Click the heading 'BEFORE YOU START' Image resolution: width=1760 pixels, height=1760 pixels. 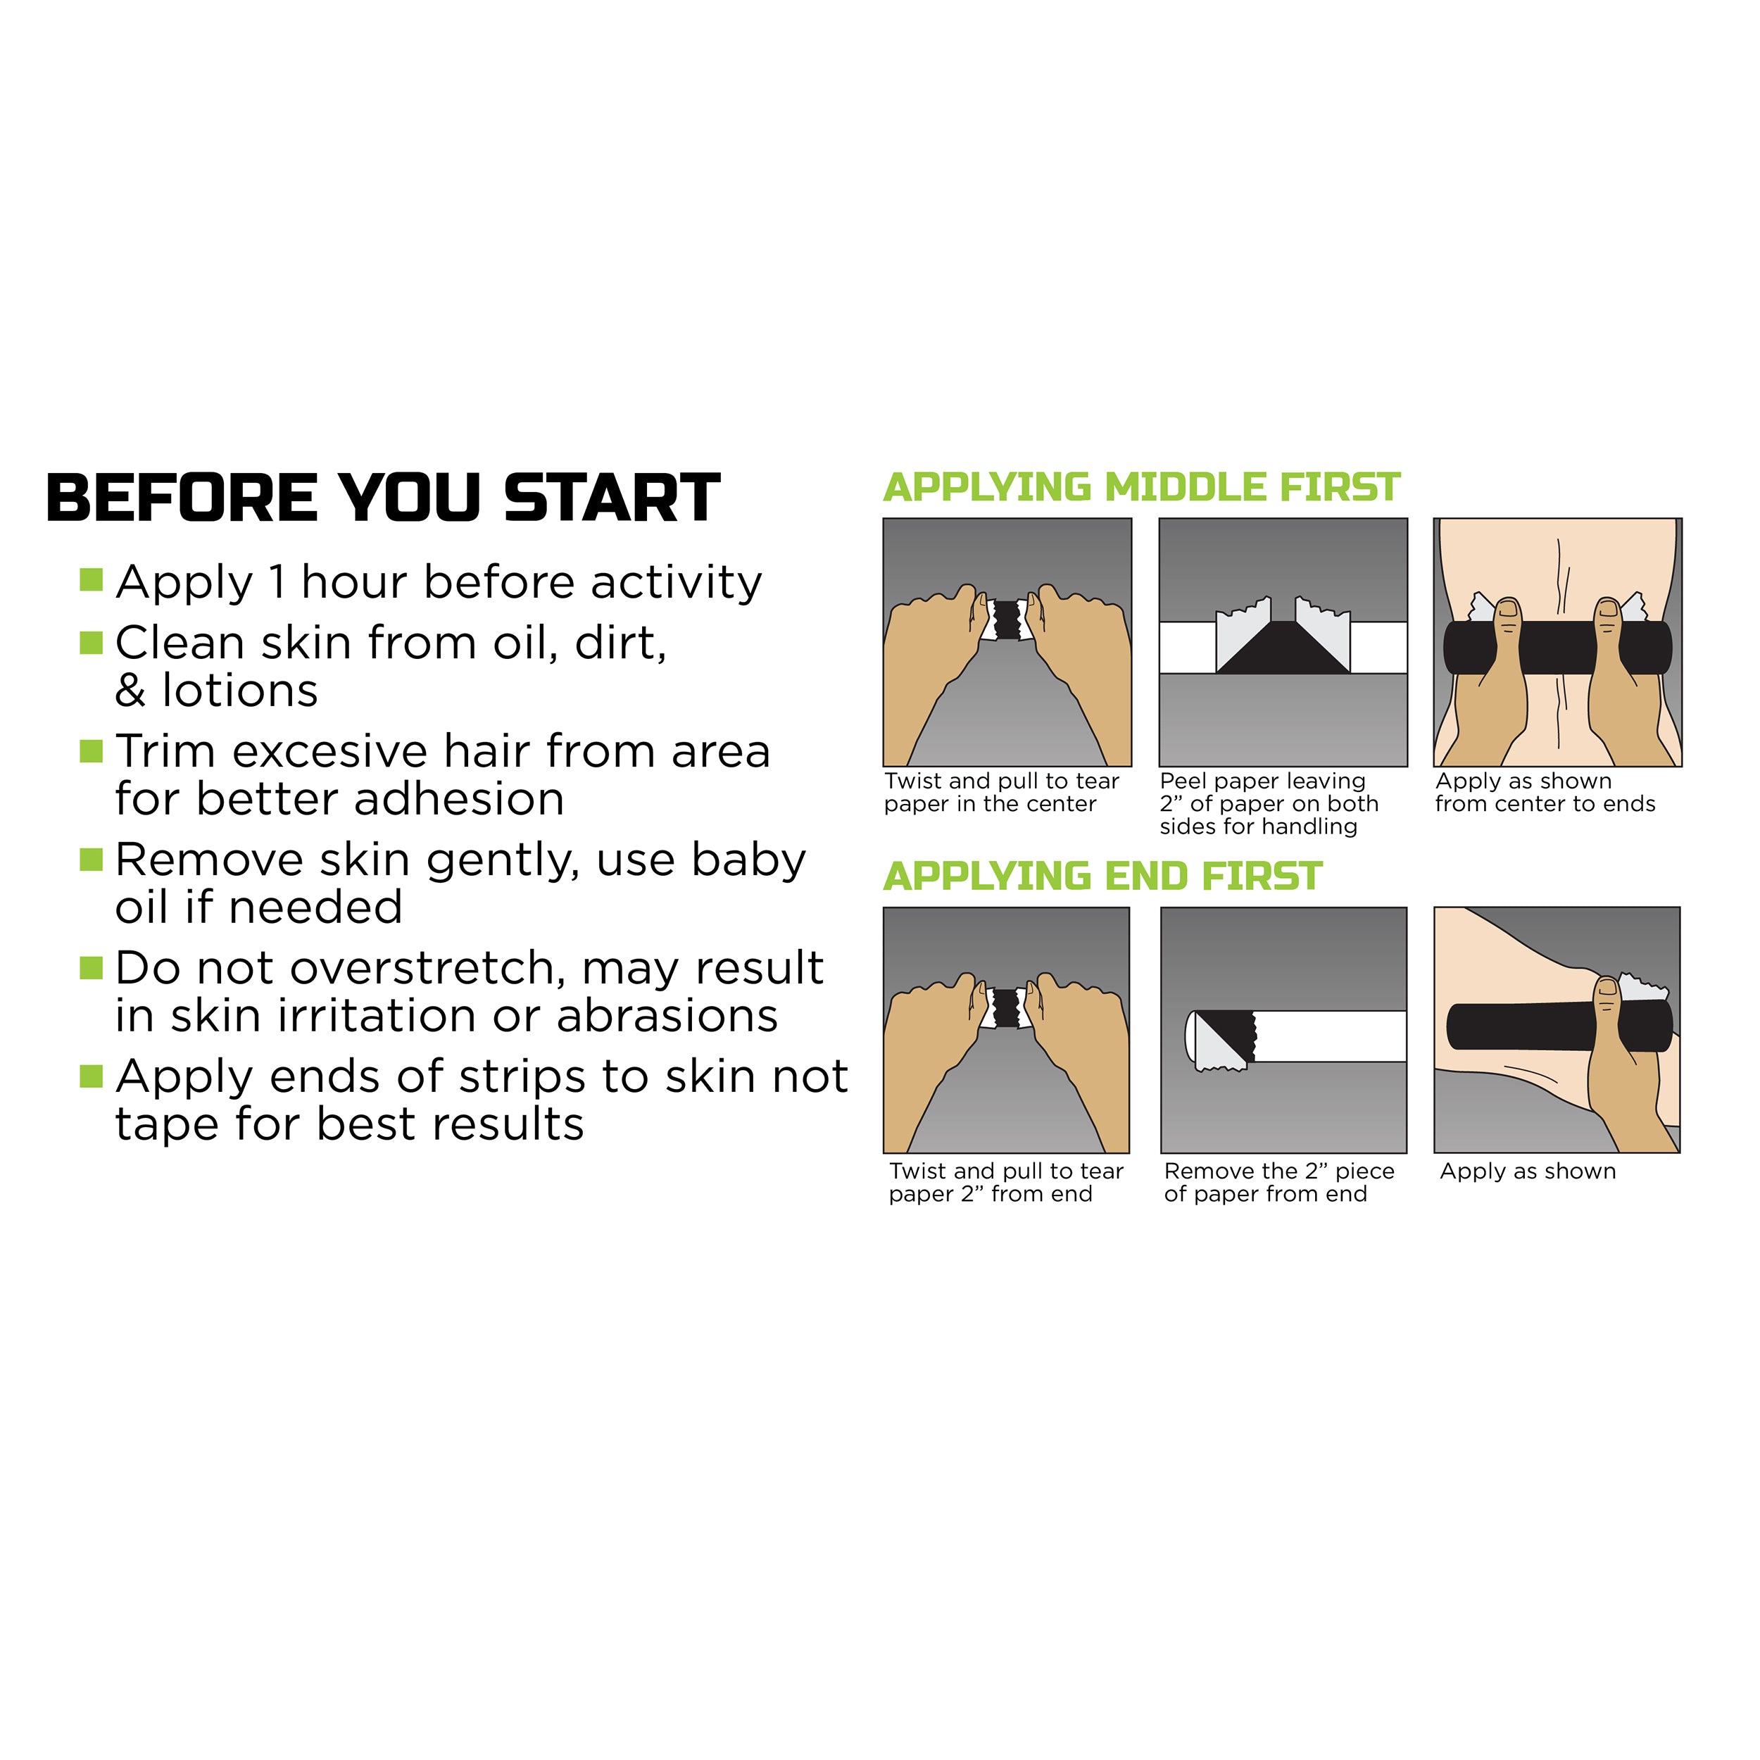click(x=382, y=498)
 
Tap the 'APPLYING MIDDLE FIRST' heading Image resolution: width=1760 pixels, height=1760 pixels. click(x=1141, y=487)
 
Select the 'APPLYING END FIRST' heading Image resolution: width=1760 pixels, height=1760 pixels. click(x=1102, y=876)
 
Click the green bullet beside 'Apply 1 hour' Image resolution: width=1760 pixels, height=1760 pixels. click(x=91, y=579)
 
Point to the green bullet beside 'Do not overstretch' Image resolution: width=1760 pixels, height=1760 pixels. click(x=91, y=967)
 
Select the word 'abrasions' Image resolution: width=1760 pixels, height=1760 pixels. click(x=667, y=1016)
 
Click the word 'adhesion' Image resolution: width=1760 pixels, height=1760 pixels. click(x=458, y=799)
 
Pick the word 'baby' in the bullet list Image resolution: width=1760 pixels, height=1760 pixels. click(x=748, y=862)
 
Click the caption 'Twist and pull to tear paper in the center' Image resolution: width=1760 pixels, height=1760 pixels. click(x=1001, y=793)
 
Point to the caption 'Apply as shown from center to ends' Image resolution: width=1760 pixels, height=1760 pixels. click(x=1545, y=793)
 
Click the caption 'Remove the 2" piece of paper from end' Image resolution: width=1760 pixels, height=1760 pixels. click(x=1279, y=1183)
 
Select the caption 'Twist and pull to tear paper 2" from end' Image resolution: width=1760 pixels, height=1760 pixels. click(x=1006, y=1183)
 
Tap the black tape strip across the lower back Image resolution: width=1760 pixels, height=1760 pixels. click(x=1558, y=648)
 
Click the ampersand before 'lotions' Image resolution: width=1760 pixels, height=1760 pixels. click(x=130, y=691)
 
